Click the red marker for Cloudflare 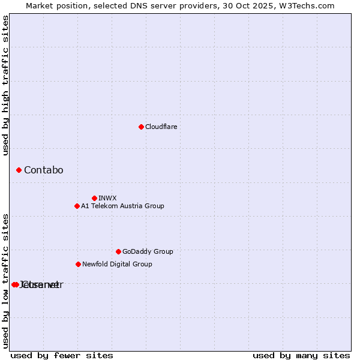(141, 127)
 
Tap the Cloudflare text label (161, 127)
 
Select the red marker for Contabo (19, 170)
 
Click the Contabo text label (43, 170)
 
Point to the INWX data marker (94, 198)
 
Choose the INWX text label (107, 198)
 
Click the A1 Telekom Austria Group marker (77, 206)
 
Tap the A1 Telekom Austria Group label (122, 206)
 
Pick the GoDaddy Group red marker (118, 252)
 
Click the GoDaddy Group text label (148, 252)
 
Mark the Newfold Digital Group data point (78, 264)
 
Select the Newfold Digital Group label (117, 264)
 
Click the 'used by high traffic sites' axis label (6, 85)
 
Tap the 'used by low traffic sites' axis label (6, 280)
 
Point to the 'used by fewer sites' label (62, 356)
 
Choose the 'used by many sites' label (301, 356)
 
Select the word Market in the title (40, 5)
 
